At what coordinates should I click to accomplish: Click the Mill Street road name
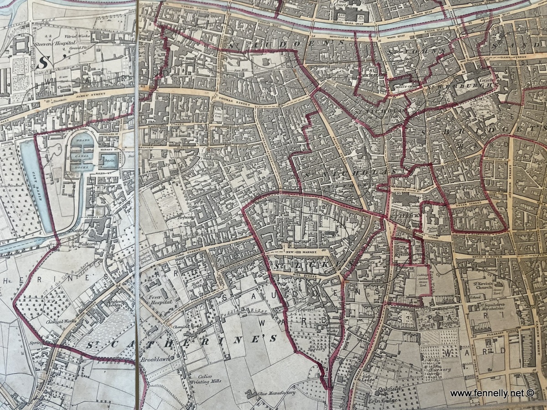305,275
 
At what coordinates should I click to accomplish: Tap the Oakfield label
375,390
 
